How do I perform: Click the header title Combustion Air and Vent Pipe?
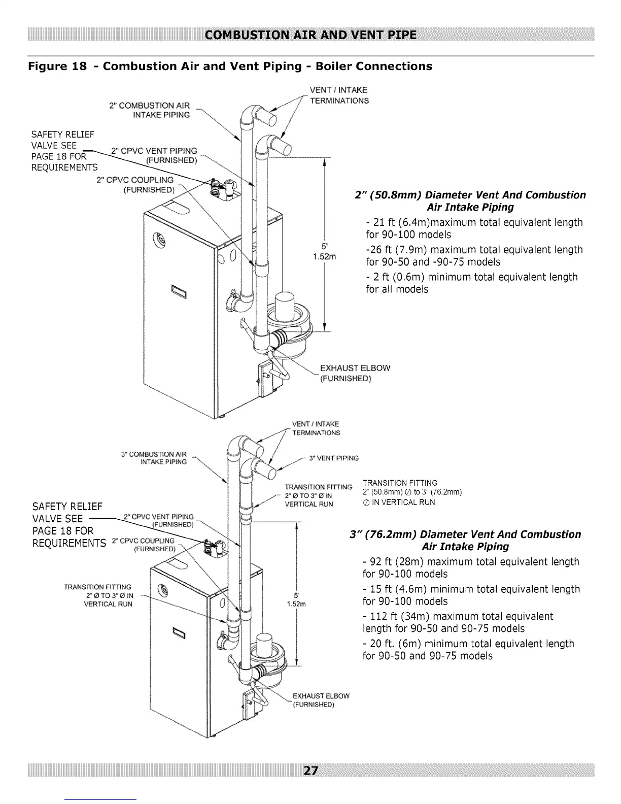[x=310, y=35]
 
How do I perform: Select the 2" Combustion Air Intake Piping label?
[x=150, y=110]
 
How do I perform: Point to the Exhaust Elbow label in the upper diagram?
[x=355, y=373]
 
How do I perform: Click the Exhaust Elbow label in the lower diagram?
[x=321, y=700]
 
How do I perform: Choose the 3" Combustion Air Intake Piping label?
[x=154, y=457]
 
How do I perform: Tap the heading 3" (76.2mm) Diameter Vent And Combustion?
[x=465, y=534]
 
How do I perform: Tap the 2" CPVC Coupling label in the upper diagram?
[x=135, y=185]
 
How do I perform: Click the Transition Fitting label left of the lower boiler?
[x=98, y=595]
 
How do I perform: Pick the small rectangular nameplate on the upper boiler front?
[x=179, y=292]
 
